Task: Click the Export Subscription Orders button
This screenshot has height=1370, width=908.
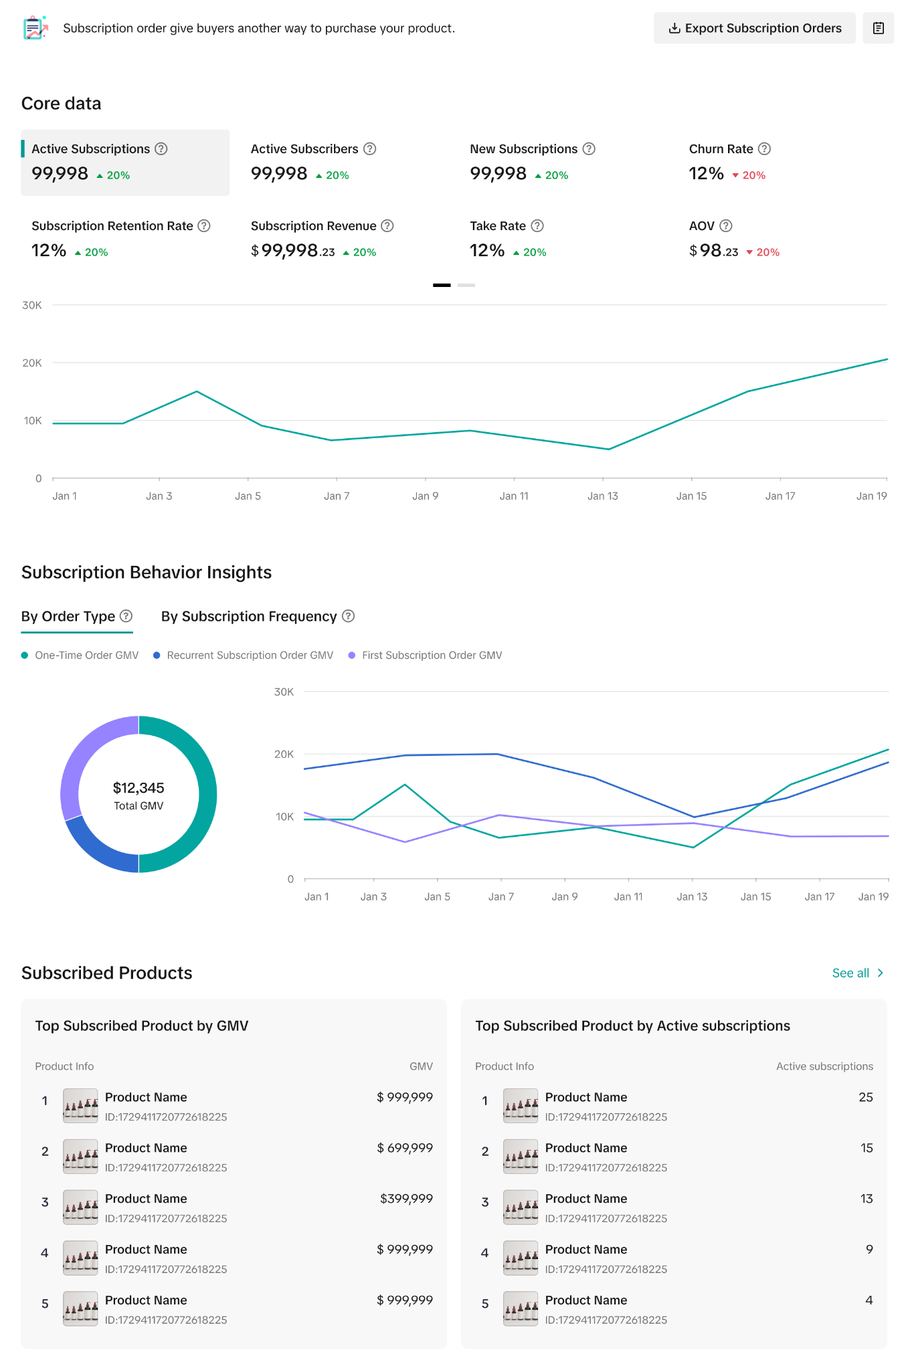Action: pyautogui.click(x=754, y=28)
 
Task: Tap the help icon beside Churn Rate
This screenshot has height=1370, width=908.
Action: pyautogui.click(x=764, y=149)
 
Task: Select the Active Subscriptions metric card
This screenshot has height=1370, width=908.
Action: pyautogui.click(x=125, y=163)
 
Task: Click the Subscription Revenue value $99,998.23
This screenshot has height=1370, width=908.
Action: pyautogui.click(x=293, y=251)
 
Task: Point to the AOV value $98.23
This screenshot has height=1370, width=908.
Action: pyautogui.click(x=714, y=251)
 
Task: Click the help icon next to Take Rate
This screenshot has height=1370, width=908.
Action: pyautogui.click(x=537, y=226)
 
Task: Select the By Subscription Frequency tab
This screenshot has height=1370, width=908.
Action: pyautogui.click(x=249, y=616)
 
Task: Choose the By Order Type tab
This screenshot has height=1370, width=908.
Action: pyautogui.click(x=68, y=616)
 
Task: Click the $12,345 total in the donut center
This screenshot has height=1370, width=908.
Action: pyautogui.click(x=139, y=788)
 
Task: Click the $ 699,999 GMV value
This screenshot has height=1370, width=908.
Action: pyautogui.click(x=405, y=1148)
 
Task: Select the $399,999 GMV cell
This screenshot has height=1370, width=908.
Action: pyautogui.click(x=406, y=1199)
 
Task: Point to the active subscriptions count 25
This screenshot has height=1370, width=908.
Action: pyautogui.click(x=866, y=1097)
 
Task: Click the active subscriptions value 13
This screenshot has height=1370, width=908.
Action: pyautogui.click(x=867, y=1199)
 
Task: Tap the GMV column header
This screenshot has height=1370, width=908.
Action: pyautogui.click(x=421, y=1066)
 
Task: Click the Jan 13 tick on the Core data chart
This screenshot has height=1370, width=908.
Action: pyautogui.click(x=603, y=496)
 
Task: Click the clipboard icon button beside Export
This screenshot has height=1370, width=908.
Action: pyautogui.click(x=879, y=28)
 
